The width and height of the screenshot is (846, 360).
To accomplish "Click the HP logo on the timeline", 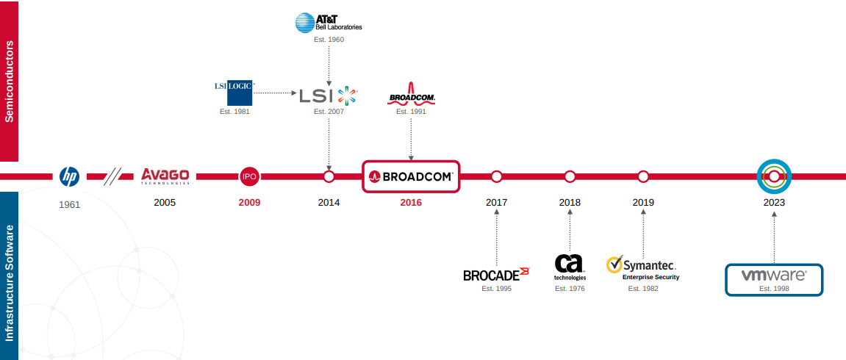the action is tap(70, 176).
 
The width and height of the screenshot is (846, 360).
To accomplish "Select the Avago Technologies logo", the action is tap(165, 176).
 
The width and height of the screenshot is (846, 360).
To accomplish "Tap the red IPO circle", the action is tap(249, 176).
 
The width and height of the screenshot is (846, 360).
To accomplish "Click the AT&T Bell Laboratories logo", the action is tap(329, 24).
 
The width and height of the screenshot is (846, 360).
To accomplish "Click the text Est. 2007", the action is tap(329, 112).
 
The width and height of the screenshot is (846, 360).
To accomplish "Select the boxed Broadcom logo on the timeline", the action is tap(411, 176).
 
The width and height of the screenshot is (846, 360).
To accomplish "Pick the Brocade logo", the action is tap(496, 274).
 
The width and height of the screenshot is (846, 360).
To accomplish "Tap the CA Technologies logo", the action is tap(570, 267).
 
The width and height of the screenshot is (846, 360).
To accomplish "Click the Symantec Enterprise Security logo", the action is tap(642, 268).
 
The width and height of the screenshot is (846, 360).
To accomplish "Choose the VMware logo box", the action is tap(774, 280).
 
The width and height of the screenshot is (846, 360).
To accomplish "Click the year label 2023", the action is tap(774, 204).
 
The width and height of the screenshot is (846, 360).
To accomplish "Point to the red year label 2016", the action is tap(411, 204).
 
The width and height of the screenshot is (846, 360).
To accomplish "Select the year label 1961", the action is tap(70, 205).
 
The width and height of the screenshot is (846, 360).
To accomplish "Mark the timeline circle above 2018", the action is tap(570, 176).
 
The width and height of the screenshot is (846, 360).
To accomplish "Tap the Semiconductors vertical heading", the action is tap(9, 82).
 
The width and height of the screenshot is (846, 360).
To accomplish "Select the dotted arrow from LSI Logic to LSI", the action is tap(276, 93).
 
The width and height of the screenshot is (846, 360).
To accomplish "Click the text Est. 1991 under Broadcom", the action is tap(411, 112).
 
